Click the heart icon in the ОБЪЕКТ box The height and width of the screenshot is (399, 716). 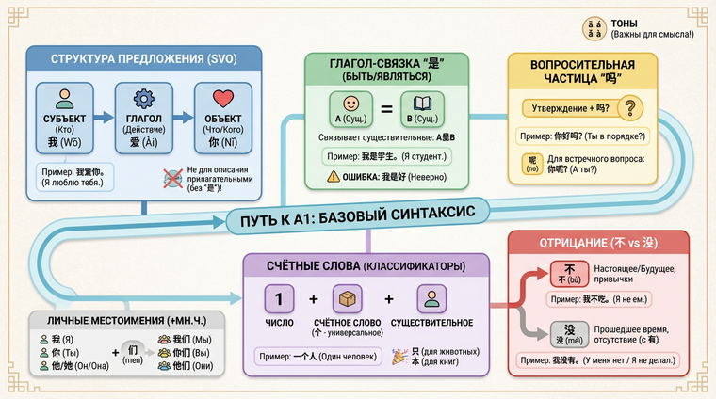(222, 99)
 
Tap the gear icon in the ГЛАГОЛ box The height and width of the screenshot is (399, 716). (144, 99)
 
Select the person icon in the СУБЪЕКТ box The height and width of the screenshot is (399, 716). (65, 99)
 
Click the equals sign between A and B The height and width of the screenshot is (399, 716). (385, 110)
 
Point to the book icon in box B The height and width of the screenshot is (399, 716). (421, 103)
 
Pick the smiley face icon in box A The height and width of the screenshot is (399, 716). (350, 103)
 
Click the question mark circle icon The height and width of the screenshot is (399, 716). (627, 107)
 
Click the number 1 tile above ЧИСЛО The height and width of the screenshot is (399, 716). (279, 299)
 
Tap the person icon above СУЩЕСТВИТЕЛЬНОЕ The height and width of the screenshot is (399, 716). (431, 298)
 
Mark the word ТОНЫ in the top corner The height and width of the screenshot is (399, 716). (650, 23)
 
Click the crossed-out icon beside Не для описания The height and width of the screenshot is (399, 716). (172, 176)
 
